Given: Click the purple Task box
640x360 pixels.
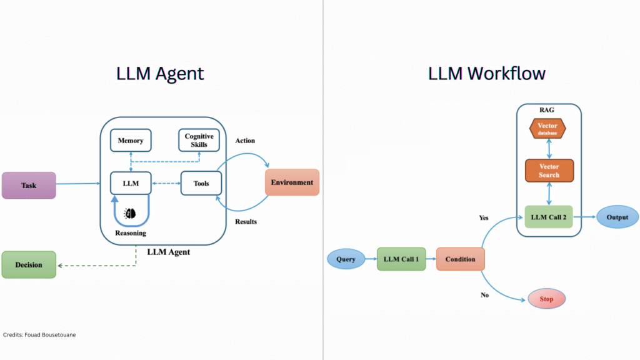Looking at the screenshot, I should [29, 185].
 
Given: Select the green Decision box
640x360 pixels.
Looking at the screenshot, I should [29, 264].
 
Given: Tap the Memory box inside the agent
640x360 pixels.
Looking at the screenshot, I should [131, 141].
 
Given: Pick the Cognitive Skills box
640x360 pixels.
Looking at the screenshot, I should [199, 140].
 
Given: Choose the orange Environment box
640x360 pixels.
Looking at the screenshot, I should [292, 182].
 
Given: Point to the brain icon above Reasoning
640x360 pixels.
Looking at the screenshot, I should [131, 213].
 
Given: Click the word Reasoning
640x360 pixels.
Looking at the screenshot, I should [131, 233].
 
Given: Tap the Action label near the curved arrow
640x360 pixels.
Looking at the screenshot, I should [245, 141].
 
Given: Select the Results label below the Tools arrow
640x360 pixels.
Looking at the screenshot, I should [246, 221].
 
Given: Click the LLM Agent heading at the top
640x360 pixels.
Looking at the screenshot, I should [160, 73].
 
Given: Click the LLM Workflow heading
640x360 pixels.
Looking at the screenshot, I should [487, 73].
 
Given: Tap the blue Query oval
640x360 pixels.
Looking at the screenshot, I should [346, 259].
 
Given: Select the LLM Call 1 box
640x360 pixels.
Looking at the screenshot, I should [400, 259].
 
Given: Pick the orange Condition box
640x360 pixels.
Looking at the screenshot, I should [460, 259].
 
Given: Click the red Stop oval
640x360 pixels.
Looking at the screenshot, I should [546, 299].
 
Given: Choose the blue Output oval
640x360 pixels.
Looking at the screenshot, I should [617, 217].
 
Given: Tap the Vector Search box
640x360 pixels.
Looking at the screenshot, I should [549, 171].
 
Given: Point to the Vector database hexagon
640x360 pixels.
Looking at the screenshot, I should [547, 129].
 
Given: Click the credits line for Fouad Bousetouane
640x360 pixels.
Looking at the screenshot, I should [39, 335].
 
